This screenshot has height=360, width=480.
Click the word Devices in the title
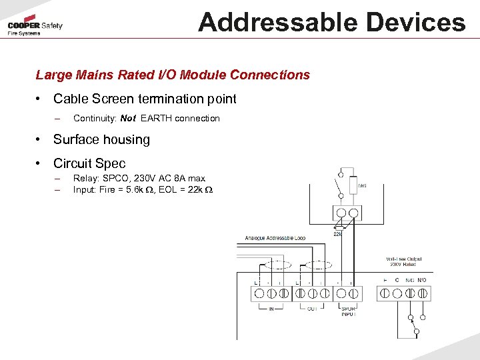tap(411, 22)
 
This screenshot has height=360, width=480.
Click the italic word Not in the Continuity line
tap(128, 119)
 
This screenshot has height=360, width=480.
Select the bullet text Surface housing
tap(101, 140)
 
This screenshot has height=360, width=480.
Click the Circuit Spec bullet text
tap(89, 163)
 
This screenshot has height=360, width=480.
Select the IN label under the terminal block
tap(271, 309)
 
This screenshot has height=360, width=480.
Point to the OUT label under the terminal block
tap(313, 309)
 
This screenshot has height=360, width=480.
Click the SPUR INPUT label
tap(348, 311)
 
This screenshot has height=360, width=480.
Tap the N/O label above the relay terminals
tap(421, 280)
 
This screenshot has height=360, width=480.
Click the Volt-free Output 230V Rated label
tap(403, 262)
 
